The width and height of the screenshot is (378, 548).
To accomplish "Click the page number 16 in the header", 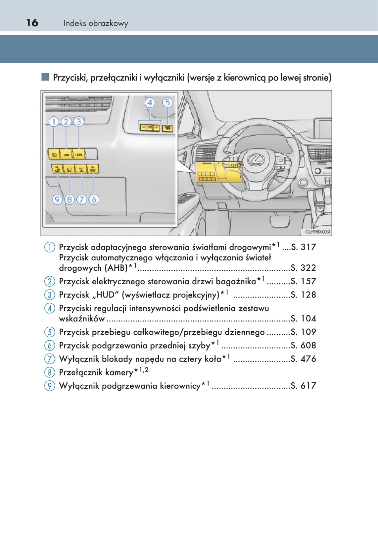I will click(32, 23).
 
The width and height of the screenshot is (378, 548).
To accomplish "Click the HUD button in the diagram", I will click(79, 154).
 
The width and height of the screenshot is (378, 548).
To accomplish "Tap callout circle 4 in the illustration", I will click(150, 103).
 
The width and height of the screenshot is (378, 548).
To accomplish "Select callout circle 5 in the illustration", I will click(167, 103).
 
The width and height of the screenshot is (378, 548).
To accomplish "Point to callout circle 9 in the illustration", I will click(57, 199).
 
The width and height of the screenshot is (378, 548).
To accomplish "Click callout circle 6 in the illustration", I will click(94, 199).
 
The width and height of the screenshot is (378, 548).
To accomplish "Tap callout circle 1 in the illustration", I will click(54, 122).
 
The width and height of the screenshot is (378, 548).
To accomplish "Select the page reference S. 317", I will click(303, 247).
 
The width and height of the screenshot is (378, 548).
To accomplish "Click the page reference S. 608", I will click(303, 345).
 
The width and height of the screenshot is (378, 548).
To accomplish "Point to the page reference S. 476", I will click(303, 359).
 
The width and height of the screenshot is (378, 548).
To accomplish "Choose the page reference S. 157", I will click(303, 281).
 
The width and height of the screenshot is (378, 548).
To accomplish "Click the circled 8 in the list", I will click(49, 372).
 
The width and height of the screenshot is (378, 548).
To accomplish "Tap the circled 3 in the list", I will click(49, 295).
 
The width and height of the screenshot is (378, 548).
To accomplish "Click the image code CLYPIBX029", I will click(317, 232).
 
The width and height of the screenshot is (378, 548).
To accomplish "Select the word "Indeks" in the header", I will click(75, 23).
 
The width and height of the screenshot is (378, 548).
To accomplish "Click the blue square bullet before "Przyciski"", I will click(45, 77).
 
